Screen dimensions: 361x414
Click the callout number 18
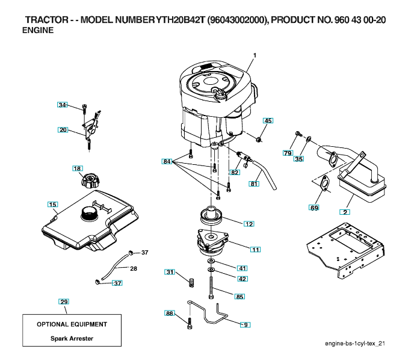tap(77, 168)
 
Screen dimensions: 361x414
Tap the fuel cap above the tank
tap(92, 180)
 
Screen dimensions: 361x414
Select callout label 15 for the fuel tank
tap(52, 205)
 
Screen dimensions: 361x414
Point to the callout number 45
tap(268, 121)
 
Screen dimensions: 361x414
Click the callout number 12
tap(249, 223)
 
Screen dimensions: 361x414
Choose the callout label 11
tap(256, 249)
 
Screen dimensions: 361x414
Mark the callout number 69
tap(314, 208)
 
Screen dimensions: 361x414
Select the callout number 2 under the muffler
tap(345, 211)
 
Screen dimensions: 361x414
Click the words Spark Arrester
tap(72, 339)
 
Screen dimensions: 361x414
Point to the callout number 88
tap(169, 313)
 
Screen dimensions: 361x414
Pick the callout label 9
tap(245, 324)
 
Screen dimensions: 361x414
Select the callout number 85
tap(239, 296)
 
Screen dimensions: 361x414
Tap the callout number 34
tap(62, 105)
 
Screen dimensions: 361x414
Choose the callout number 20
tap(63, 129)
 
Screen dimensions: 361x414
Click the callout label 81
tap(254, 184)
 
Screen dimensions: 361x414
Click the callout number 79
tap(288, 153)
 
